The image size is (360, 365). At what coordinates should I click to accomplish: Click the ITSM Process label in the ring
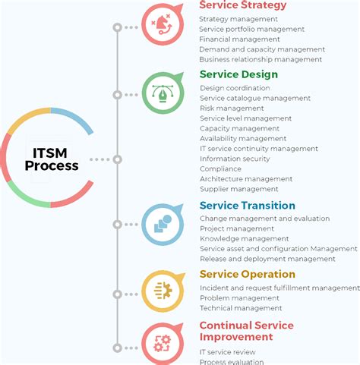[51, 159]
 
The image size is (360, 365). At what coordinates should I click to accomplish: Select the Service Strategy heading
[243, 5]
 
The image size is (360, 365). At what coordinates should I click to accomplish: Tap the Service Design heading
[238, 74]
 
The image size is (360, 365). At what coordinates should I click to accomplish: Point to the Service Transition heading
[248, 206]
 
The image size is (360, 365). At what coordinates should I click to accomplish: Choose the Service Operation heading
[248, 275]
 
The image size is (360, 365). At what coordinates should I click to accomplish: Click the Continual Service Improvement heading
[246, 331]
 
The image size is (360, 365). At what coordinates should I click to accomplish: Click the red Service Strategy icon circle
[163, 26]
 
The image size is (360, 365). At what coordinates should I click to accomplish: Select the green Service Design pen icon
[163, 93]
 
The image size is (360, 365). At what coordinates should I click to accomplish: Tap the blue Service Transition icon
[163, 224]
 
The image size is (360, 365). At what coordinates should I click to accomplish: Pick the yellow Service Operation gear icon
[163, 291]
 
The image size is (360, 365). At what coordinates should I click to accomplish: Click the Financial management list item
[239, 39]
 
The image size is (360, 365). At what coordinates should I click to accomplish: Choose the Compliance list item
[221, 168]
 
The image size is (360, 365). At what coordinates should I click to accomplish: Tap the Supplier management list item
[238, 189]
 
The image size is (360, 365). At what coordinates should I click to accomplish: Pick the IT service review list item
[228, 352]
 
